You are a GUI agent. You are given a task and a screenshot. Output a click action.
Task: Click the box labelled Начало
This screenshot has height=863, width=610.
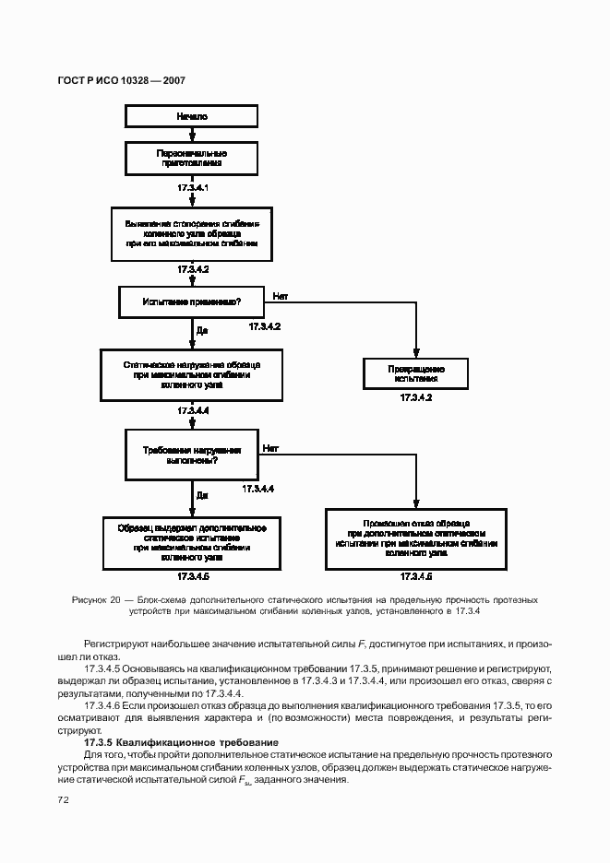point(192,117)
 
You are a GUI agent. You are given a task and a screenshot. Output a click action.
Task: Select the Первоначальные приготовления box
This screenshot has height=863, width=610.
point(192,158)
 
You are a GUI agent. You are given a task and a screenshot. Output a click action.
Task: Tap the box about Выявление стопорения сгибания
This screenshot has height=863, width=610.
point(192,234)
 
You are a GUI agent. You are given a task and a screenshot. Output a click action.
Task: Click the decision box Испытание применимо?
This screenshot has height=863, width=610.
point(192,301)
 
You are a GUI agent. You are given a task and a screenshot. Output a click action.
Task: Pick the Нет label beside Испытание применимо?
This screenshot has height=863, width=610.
point(281,296)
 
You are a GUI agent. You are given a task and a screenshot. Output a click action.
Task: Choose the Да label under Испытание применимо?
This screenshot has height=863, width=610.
point(201,329)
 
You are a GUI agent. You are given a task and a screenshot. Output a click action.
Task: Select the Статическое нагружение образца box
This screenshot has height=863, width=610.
point(192,374)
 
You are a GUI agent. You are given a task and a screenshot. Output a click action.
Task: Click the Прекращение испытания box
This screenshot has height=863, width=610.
point(416,373)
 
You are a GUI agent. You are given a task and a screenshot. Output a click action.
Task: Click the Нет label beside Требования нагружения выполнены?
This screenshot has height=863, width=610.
point(270,449)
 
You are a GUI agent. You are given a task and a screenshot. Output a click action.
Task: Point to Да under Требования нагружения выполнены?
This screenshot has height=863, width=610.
point(201,496)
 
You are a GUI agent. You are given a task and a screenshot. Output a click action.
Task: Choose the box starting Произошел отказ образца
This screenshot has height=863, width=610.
point(416,538)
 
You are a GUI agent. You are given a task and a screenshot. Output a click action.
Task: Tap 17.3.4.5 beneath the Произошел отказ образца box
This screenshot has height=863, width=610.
point(416,576)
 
